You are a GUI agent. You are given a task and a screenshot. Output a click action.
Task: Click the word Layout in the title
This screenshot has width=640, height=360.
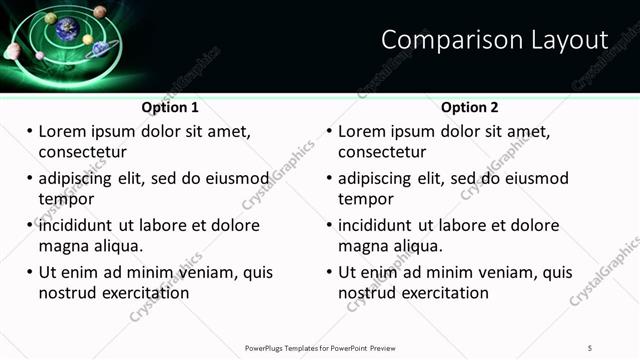point(569,40)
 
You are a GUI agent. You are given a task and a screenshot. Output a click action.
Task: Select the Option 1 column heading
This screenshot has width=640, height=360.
point(170,107)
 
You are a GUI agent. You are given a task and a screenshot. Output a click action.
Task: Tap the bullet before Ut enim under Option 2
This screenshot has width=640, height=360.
point(329,272)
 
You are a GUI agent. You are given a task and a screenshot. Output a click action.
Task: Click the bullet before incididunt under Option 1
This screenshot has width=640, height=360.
point(29,225)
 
